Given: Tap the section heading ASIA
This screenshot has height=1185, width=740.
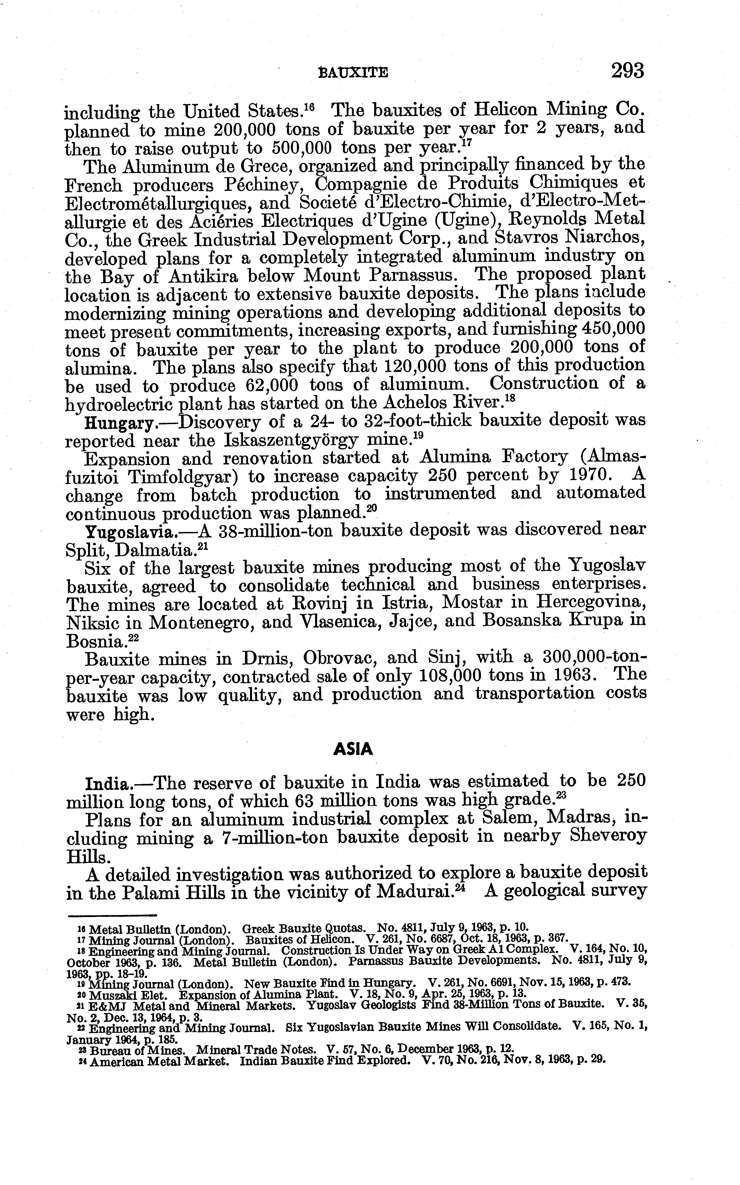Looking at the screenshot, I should [353, 749].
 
